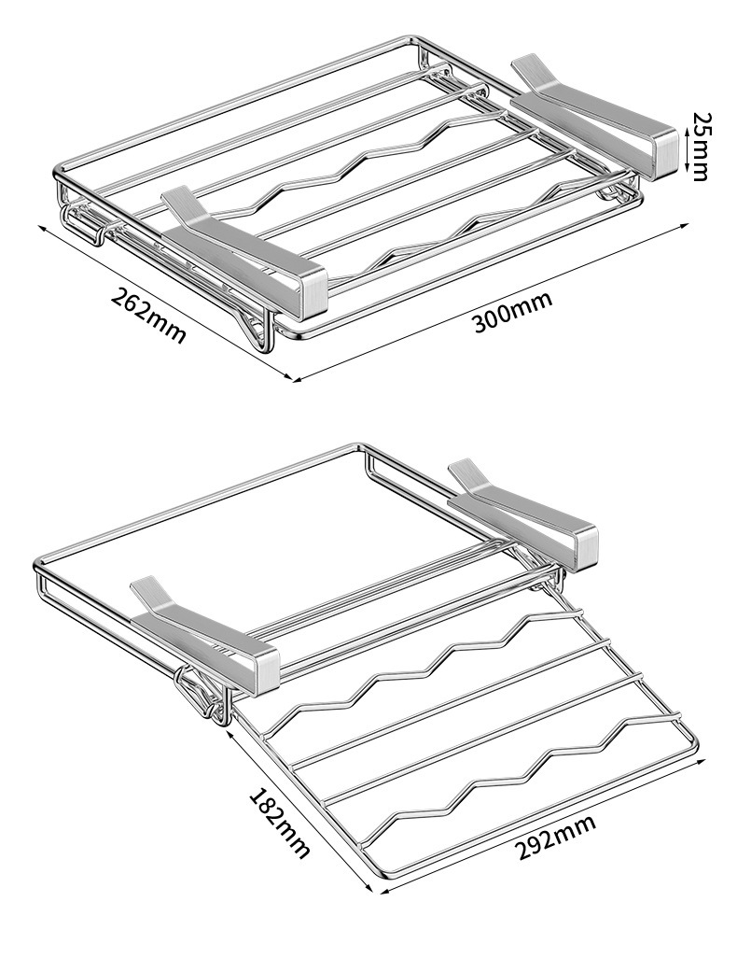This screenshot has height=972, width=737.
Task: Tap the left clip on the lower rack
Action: point(202,631)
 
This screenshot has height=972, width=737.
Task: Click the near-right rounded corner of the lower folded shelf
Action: point(692,744)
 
